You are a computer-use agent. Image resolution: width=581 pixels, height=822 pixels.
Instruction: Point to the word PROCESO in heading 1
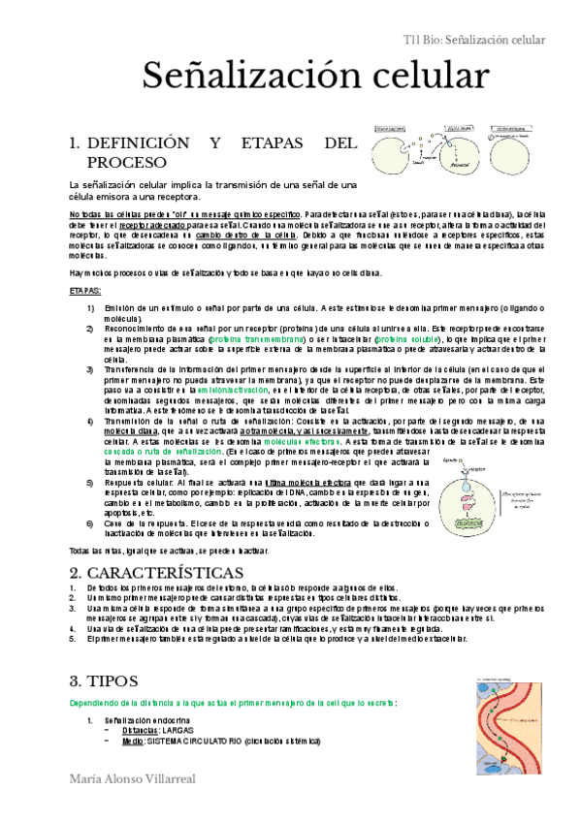[127, 162]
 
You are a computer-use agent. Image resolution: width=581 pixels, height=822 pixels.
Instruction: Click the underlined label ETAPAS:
[86, 290]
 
